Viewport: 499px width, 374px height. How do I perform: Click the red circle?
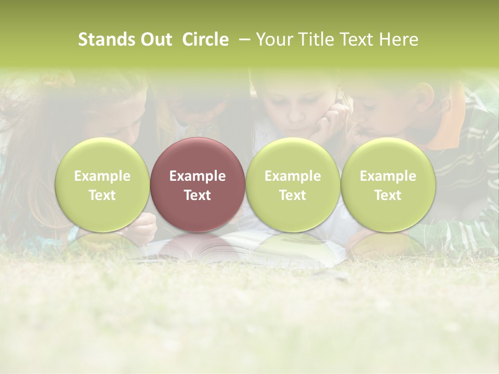197,184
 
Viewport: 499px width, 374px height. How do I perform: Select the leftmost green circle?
102,184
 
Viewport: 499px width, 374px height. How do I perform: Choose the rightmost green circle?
388,184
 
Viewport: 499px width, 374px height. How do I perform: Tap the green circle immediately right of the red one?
293,184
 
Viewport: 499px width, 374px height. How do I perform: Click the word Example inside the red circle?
198,176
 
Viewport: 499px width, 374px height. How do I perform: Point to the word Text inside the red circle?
198,195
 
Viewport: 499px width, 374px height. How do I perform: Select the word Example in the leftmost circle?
102,176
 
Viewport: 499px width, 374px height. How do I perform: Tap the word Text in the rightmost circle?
388,195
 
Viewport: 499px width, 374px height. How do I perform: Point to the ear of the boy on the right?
425,97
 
